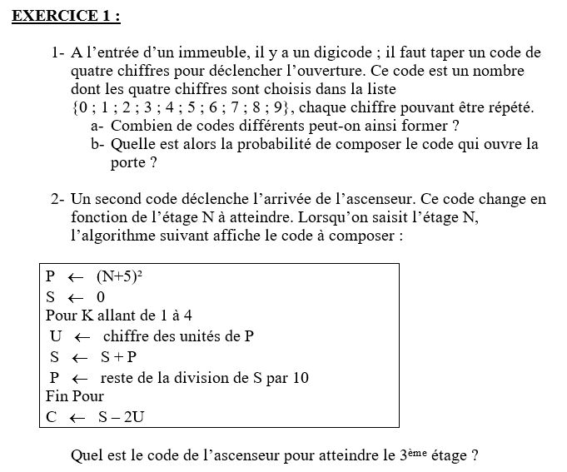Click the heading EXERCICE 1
(66, 16)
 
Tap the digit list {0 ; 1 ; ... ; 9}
(183, 107)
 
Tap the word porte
(129, 162)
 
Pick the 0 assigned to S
(101, 297)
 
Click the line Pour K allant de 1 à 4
(119, 315)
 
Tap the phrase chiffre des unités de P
(178, 336)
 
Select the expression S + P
(118, 357)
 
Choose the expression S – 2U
(121, 417)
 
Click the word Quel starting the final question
(88, 456)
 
